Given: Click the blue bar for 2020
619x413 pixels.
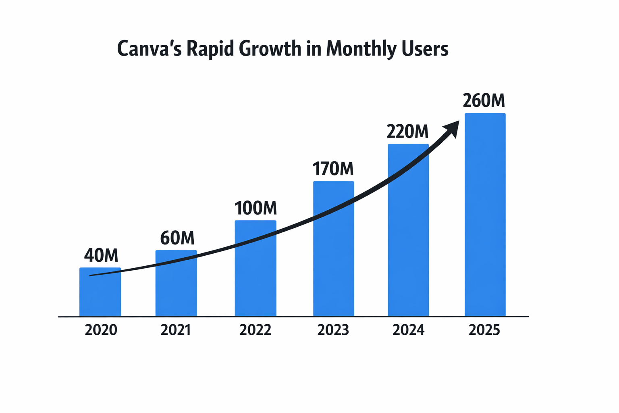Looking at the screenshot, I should [x=100, y=296].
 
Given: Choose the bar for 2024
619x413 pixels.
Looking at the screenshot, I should [x=408, y=242].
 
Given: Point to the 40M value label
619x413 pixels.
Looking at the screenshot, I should [x=101, y=255].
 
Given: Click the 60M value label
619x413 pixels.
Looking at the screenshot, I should [x=177, y=238].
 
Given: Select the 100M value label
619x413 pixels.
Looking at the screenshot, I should [x=255, y=208].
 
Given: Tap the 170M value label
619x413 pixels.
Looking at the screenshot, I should [x=333, y=169].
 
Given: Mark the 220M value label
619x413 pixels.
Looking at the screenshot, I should [x=407, y=131].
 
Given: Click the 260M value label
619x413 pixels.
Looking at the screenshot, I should [x=484, y=101].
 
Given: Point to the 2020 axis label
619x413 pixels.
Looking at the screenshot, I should [x=101, y=330].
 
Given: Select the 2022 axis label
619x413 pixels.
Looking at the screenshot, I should [x=255, y=330].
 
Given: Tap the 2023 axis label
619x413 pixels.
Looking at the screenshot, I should [x=333, y=330].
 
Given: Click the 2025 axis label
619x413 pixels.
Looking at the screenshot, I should [x=484, y=330].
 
